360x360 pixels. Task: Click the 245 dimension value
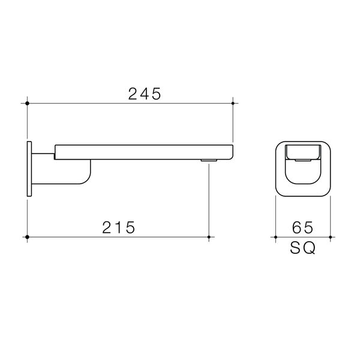coord(145,94)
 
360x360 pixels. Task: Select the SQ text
coord(303,248)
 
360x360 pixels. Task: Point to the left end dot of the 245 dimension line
coord(28,103)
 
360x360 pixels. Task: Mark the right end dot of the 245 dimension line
coord(233,103)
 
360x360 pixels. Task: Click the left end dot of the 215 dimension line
coord(28,238)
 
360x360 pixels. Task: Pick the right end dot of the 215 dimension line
coord(208,238)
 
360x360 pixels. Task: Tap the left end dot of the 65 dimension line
coord(275,238)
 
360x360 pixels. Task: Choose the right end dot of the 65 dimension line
coord(329,238)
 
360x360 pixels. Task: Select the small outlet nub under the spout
coord(208,160)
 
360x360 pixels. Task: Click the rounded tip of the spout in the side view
coord(230,150)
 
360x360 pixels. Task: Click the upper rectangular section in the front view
coord(302,152)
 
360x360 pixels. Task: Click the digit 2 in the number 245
coord(133,94)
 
